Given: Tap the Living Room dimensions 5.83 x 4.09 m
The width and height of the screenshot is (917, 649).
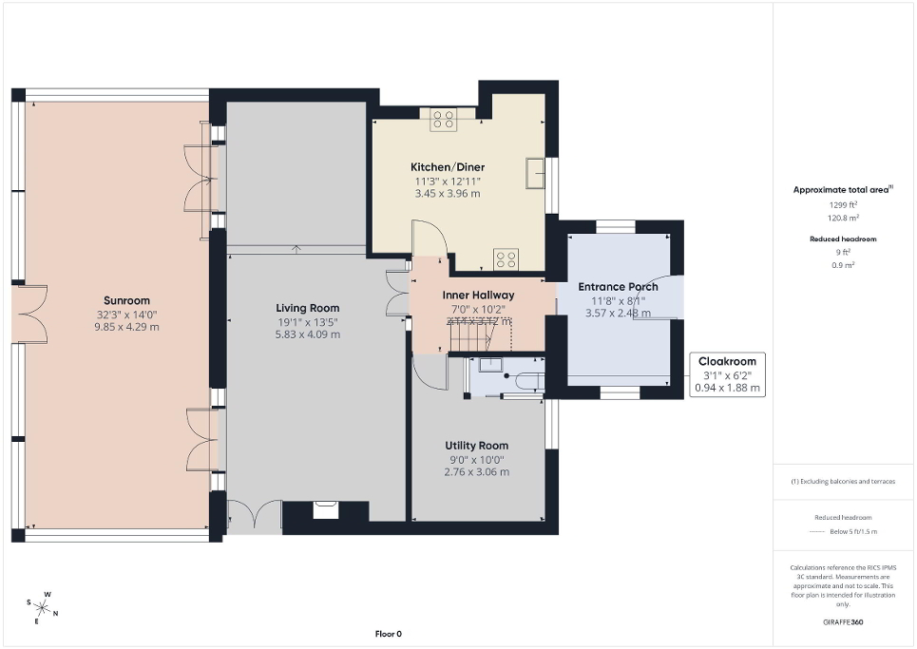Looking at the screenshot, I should pos(307,334).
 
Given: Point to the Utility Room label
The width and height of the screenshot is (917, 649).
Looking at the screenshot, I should pos(476,445).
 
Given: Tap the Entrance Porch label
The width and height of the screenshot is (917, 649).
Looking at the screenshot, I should pos(618,286).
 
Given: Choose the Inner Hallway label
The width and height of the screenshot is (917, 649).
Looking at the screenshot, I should pos(478,295).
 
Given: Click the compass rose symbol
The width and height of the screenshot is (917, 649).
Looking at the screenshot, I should pos(43,607).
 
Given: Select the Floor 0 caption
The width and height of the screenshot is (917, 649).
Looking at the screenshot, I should pos(388,634).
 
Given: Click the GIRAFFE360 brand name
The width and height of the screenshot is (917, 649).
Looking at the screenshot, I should pos(845,622).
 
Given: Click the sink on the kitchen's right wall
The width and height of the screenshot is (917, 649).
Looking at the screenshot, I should pos(537,174).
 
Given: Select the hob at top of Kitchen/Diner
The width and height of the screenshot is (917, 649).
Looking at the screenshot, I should pos(444,119).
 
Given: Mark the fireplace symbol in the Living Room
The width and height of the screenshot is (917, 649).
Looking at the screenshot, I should pos(326,510).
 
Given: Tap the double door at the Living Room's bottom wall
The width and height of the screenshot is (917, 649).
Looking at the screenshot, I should pos(255,516).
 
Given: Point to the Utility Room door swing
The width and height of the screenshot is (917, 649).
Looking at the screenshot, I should pos(431,372).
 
